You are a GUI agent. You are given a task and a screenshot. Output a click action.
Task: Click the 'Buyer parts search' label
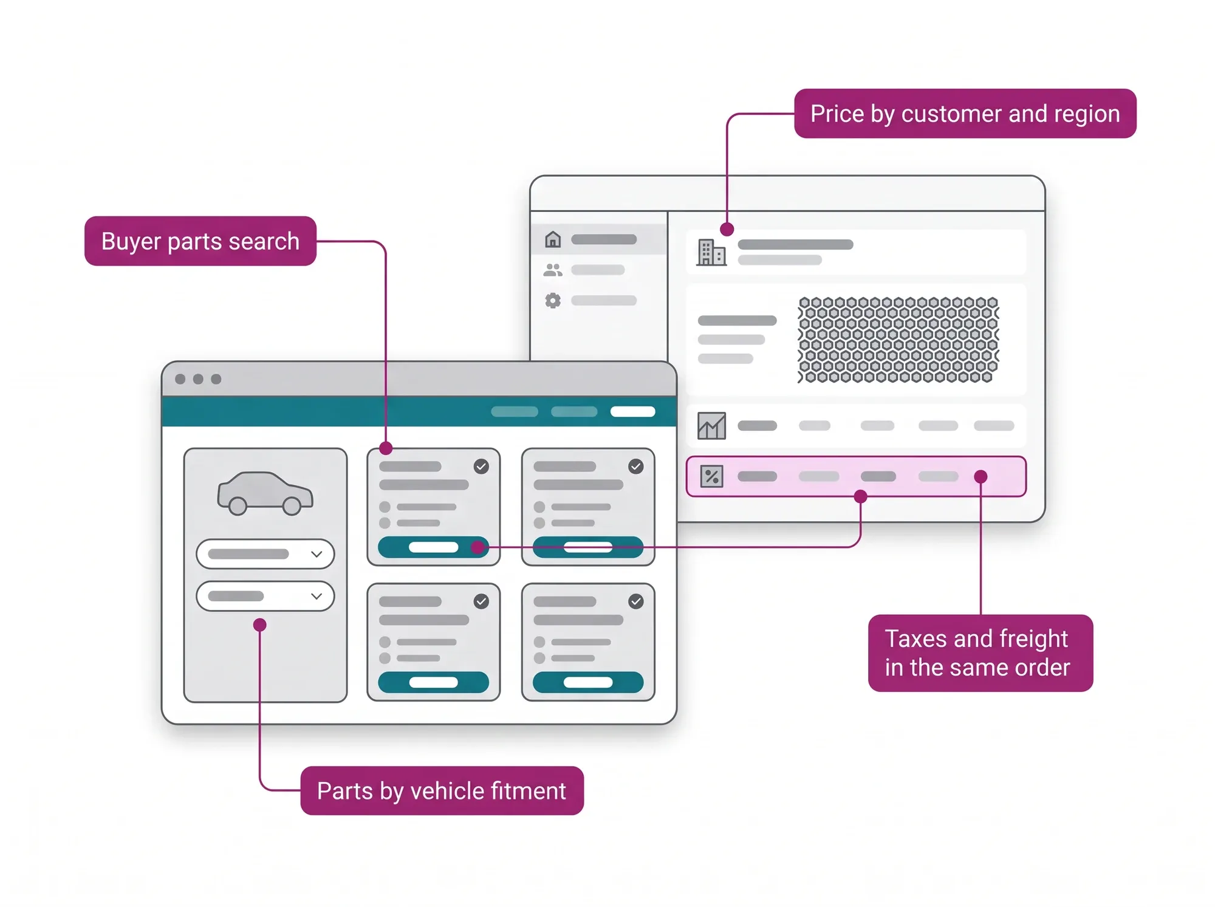coord(200,241)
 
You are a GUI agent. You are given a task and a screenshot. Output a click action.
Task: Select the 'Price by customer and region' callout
coord(965,114)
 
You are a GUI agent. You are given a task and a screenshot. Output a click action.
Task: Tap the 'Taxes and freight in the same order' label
coord(980,653)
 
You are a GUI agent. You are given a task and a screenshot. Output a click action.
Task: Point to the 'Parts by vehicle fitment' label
coord(442,791)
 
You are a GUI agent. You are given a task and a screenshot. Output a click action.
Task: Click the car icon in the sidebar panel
coord(265,493)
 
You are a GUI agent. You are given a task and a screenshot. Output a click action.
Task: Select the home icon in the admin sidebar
coord(553,239)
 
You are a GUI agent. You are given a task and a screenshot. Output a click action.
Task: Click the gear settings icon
coord(553,300)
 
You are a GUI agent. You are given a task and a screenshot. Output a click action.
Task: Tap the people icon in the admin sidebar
coord(553,270)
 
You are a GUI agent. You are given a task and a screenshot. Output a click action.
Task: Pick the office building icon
coord(711,252)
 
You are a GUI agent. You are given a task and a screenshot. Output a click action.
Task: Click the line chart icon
coord(711,426)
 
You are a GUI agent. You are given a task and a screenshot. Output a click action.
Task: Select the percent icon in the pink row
coord(711,476)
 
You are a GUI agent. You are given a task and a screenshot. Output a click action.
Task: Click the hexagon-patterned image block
coord(898,340)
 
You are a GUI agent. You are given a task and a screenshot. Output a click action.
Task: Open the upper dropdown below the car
coord(265,554)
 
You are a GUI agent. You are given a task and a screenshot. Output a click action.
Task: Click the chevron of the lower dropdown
coord(317,596)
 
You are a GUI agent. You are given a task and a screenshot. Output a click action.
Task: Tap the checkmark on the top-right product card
coord(636,467)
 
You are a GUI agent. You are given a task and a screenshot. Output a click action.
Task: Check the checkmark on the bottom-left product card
coord(481,601)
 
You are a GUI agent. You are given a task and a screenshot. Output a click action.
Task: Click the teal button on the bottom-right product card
coord(588,682)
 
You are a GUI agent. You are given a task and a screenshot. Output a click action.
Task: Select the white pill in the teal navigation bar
coord(633,412)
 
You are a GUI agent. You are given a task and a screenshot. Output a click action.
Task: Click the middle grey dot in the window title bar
coord(198,379)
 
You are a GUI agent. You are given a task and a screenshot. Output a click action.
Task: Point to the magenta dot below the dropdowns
coord(260,625)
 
